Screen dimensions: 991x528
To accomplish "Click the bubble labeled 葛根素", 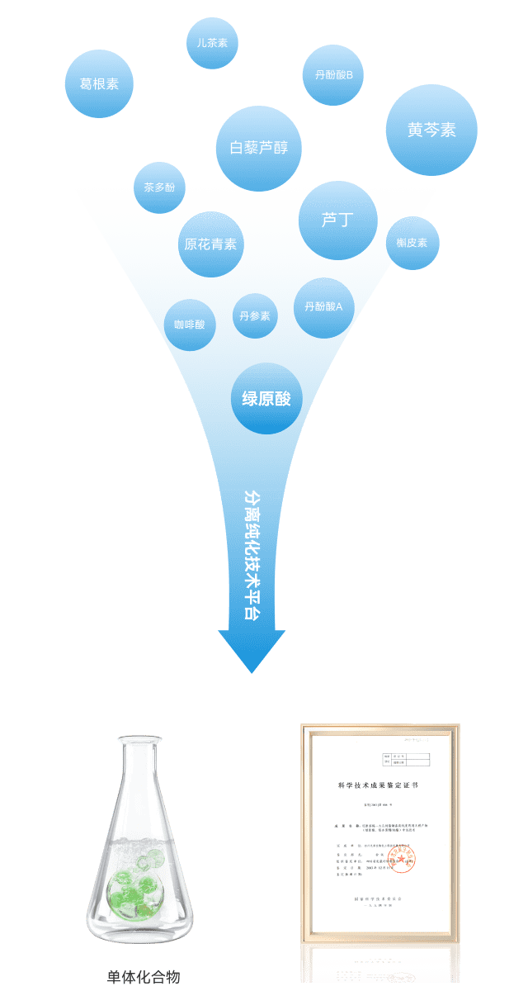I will click(99, 84).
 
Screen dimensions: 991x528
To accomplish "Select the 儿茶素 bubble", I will click(212, 43).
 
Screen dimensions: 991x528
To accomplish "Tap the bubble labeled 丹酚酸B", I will click(334, 75).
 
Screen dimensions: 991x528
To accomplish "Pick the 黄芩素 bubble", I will click(431, 130).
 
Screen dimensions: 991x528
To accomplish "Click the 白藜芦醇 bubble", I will click(258, 149).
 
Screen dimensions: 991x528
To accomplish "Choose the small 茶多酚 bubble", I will click(159, 187).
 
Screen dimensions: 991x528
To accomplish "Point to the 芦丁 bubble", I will click(337, 220).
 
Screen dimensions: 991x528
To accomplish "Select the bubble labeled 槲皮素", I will click(412, 243).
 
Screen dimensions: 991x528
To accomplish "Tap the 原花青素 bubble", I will click(210, 244).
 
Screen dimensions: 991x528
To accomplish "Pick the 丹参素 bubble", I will click(255, 315).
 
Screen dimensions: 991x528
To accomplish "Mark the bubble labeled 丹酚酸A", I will click(323, 307).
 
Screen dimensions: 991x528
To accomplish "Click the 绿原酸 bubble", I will click(266, 399).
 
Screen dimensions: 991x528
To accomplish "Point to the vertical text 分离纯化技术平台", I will click(252, 554).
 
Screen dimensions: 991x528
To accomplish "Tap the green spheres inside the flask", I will click(131, 884).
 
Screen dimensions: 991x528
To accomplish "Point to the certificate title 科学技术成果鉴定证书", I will click(378, 785).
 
